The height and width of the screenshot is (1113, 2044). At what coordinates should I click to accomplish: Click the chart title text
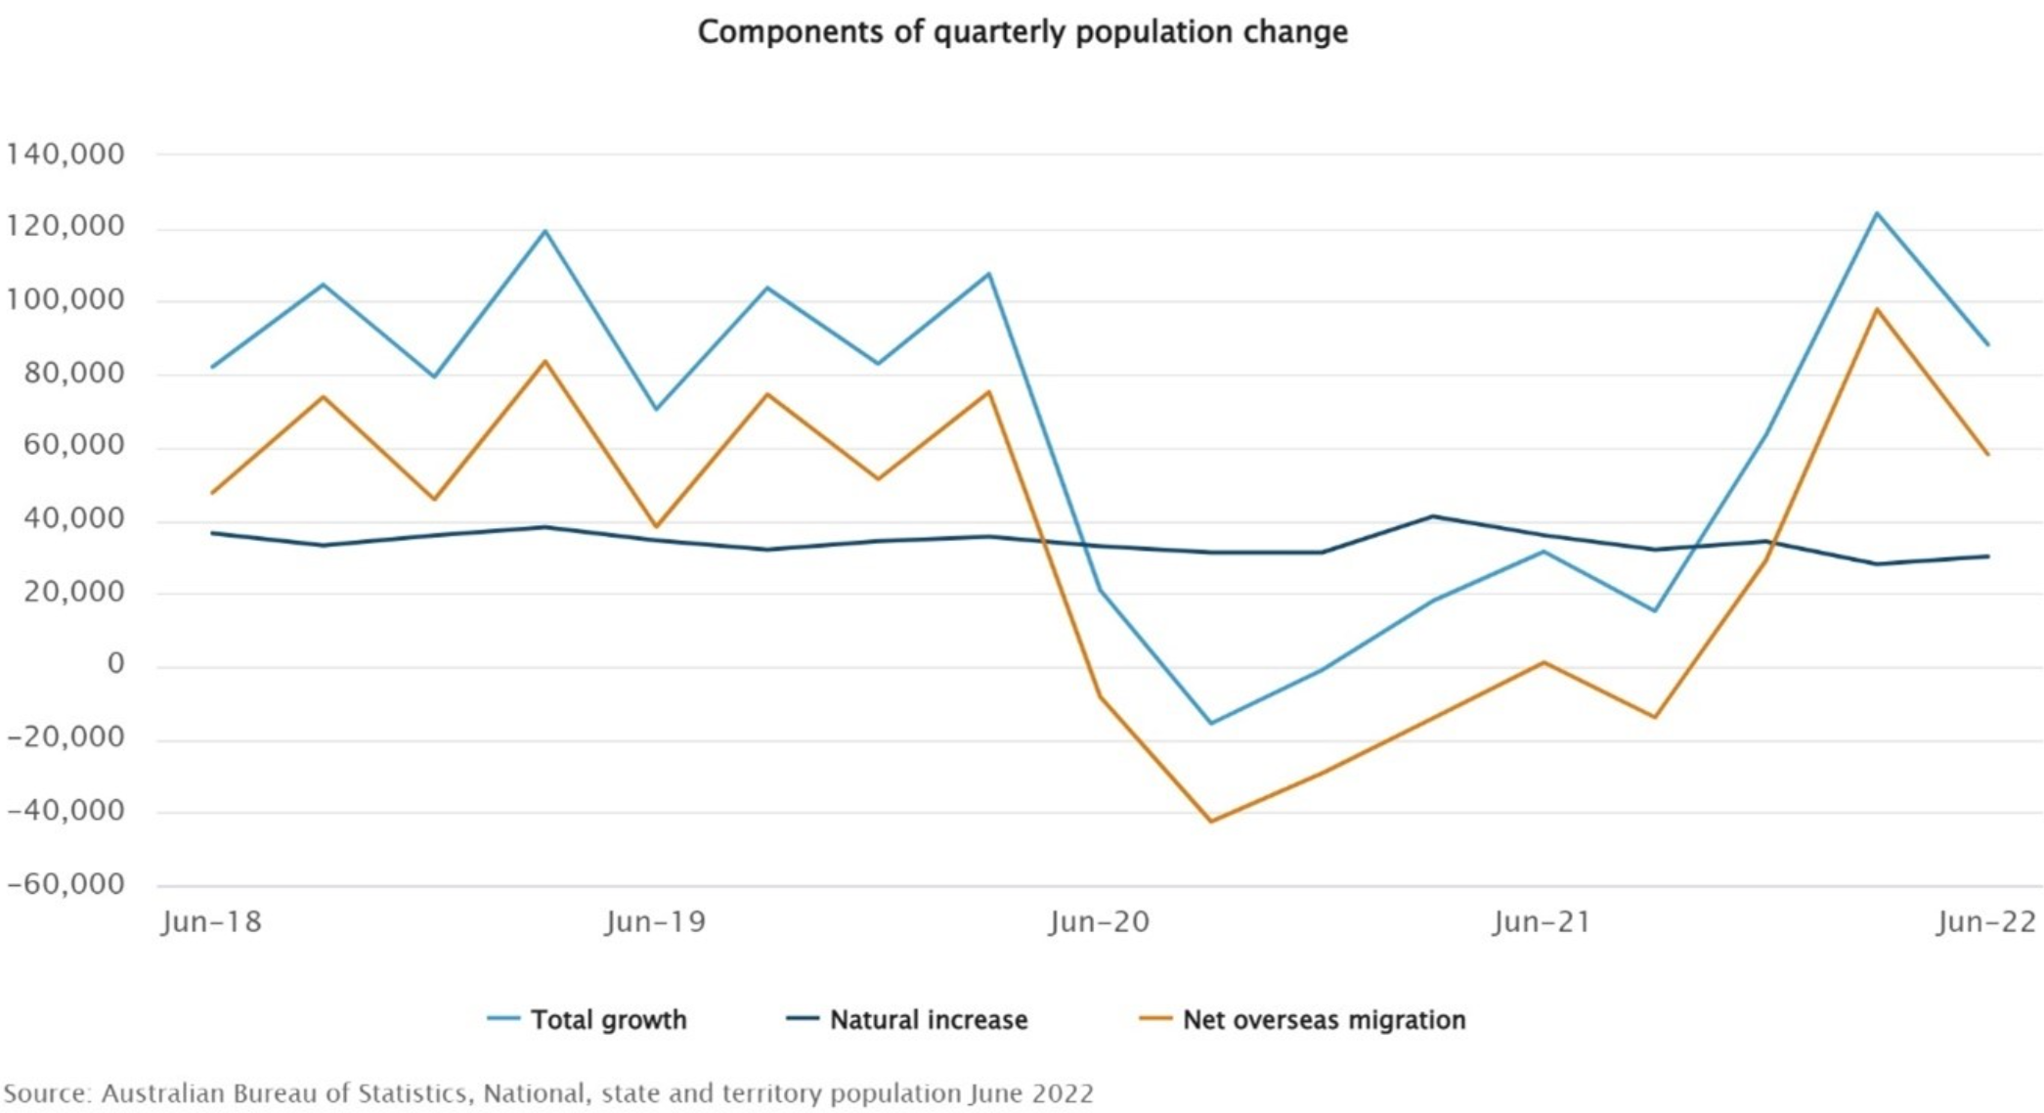coord(1022,32)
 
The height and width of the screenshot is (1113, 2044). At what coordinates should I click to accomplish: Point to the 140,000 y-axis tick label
coord(65,154)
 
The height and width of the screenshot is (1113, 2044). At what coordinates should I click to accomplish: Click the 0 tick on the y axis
coord(116,664)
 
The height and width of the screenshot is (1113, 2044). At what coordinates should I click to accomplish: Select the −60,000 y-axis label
coord(65,884)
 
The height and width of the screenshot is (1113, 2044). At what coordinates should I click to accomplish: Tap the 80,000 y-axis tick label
coord(65,373)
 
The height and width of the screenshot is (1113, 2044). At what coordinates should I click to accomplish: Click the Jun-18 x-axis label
coord(212,922)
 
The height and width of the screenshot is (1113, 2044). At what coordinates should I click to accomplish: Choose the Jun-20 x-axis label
coord(1100,922)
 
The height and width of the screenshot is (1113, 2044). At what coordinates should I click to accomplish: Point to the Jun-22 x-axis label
coord(1986,922)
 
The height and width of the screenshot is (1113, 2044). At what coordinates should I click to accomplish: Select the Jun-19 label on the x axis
coord(656,922)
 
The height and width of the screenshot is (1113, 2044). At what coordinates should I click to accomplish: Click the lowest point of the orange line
coord(1211,822)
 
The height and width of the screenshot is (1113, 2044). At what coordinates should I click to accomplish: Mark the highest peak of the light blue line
coord(1877,212)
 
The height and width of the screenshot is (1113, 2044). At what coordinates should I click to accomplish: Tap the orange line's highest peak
coord(1877,309)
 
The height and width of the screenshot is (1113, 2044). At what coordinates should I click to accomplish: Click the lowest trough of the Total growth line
coord(1211,724)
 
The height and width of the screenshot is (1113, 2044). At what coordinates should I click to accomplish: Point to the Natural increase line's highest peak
coord(1433,515)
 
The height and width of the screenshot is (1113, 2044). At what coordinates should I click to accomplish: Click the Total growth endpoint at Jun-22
coord(1987,344)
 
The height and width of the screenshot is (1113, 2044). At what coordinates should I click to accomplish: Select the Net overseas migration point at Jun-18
coord(212,493)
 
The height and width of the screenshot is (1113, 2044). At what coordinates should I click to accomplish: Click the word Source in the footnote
coord(46,1093)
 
